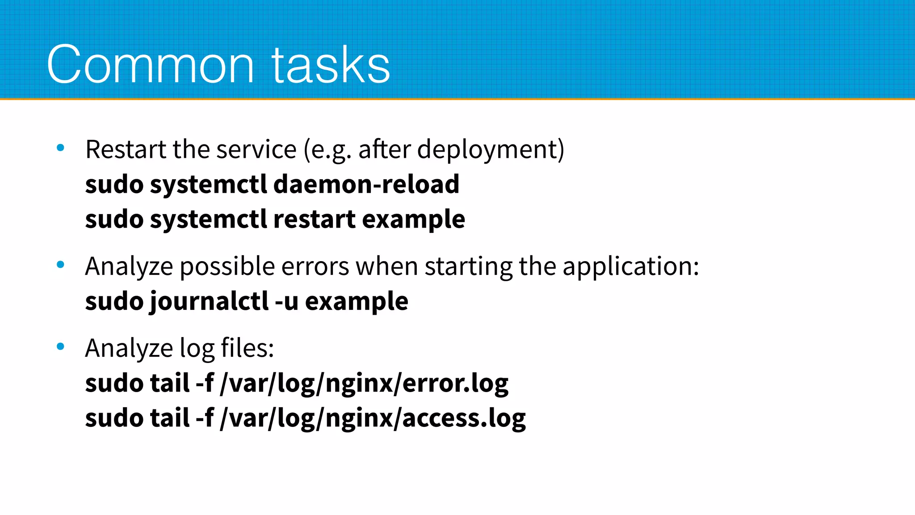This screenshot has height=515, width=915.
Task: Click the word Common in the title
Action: pos(150,65)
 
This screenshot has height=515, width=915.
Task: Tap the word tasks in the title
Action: pos(331,65)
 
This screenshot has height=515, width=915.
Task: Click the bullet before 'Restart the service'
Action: pos(61,148)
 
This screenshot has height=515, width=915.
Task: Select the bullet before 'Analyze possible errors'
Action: pos(61,265)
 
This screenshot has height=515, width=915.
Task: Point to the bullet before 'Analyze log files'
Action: pos(61,346)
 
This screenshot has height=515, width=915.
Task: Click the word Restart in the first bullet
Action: pos(126,149)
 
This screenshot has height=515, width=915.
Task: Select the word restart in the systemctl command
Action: pos(314,220)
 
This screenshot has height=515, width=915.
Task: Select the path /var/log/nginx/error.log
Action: pos(364,384)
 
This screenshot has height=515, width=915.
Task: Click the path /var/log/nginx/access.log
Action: pos(373,418)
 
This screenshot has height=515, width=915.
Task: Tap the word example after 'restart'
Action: pos(413,220)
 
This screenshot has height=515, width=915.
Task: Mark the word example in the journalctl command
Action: pos(357,301)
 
